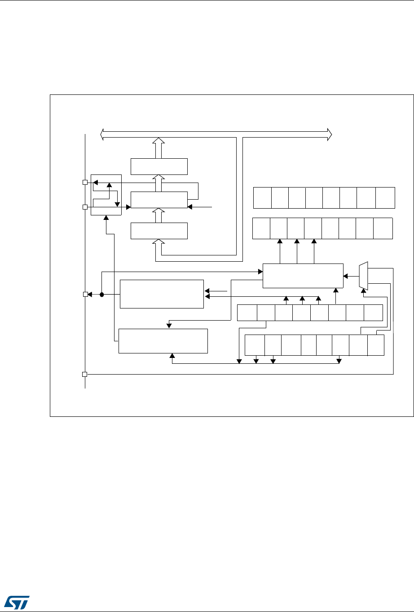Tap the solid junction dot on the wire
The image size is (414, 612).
pos(101,295)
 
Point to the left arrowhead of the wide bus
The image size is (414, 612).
pos(102,134)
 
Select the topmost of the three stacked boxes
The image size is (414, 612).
pos(159,166)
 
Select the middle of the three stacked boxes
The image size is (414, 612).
pos(159,200)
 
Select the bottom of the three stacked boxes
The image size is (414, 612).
pos(159,231)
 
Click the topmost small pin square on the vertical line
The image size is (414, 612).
pos(85,183)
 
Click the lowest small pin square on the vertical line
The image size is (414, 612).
pos(85,374)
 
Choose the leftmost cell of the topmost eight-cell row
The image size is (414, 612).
pos(262,198)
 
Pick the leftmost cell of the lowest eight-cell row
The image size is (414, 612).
pos(255,345)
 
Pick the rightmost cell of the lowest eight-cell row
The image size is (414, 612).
pos(376,345)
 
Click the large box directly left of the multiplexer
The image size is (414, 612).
pos(303,276)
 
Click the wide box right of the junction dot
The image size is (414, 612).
pos(162,294)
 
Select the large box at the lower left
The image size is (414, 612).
pos(163,341)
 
